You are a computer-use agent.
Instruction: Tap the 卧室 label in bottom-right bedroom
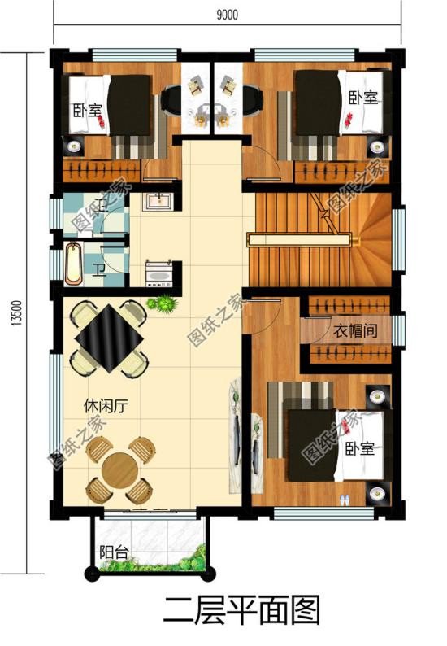click(358, 449)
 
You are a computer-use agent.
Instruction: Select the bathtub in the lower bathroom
click(74, 264)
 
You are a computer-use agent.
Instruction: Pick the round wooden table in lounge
click(120, 470)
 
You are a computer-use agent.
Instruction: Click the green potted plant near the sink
click(163, 305)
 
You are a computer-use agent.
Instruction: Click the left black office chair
click(174, 100)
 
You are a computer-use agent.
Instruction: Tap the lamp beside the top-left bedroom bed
click(74, 146)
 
